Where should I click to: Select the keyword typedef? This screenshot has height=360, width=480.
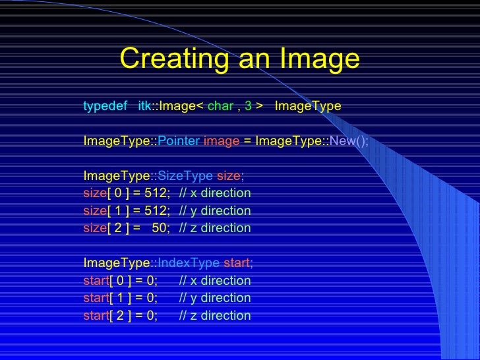click(105, 106)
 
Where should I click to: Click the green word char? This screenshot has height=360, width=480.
click(220, 106)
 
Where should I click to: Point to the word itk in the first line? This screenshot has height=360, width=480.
click(145, 106)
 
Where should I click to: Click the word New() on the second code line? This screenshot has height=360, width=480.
click(349, 141)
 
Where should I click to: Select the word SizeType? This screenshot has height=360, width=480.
click(185, 176)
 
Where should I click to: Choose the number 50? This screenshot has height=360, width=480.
click(160, 227)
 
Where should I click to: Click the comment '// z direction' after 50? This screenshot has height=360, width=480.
click(215, 227)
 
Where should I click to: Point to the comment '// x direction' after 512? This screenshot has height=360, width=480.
click(215, 193)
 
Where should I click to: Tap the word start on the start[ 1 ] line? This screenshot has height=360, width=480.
click(96, 298)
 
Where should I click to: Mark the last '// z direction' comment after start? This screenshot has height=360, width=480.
click(215, 315)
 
